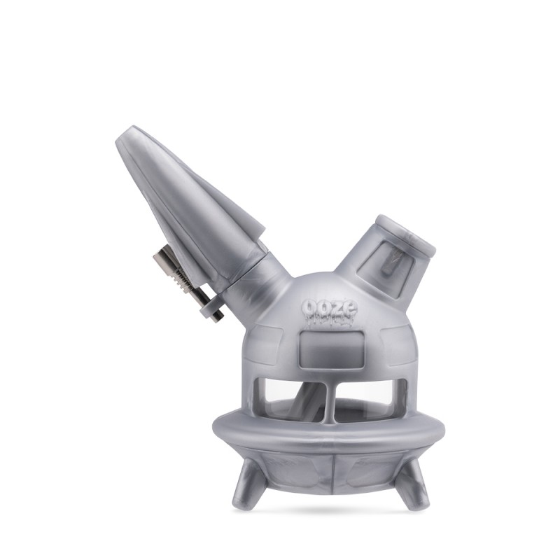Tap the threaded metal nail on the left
tap(188, 283)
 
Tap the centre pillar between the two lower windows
tap(331, 402)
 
